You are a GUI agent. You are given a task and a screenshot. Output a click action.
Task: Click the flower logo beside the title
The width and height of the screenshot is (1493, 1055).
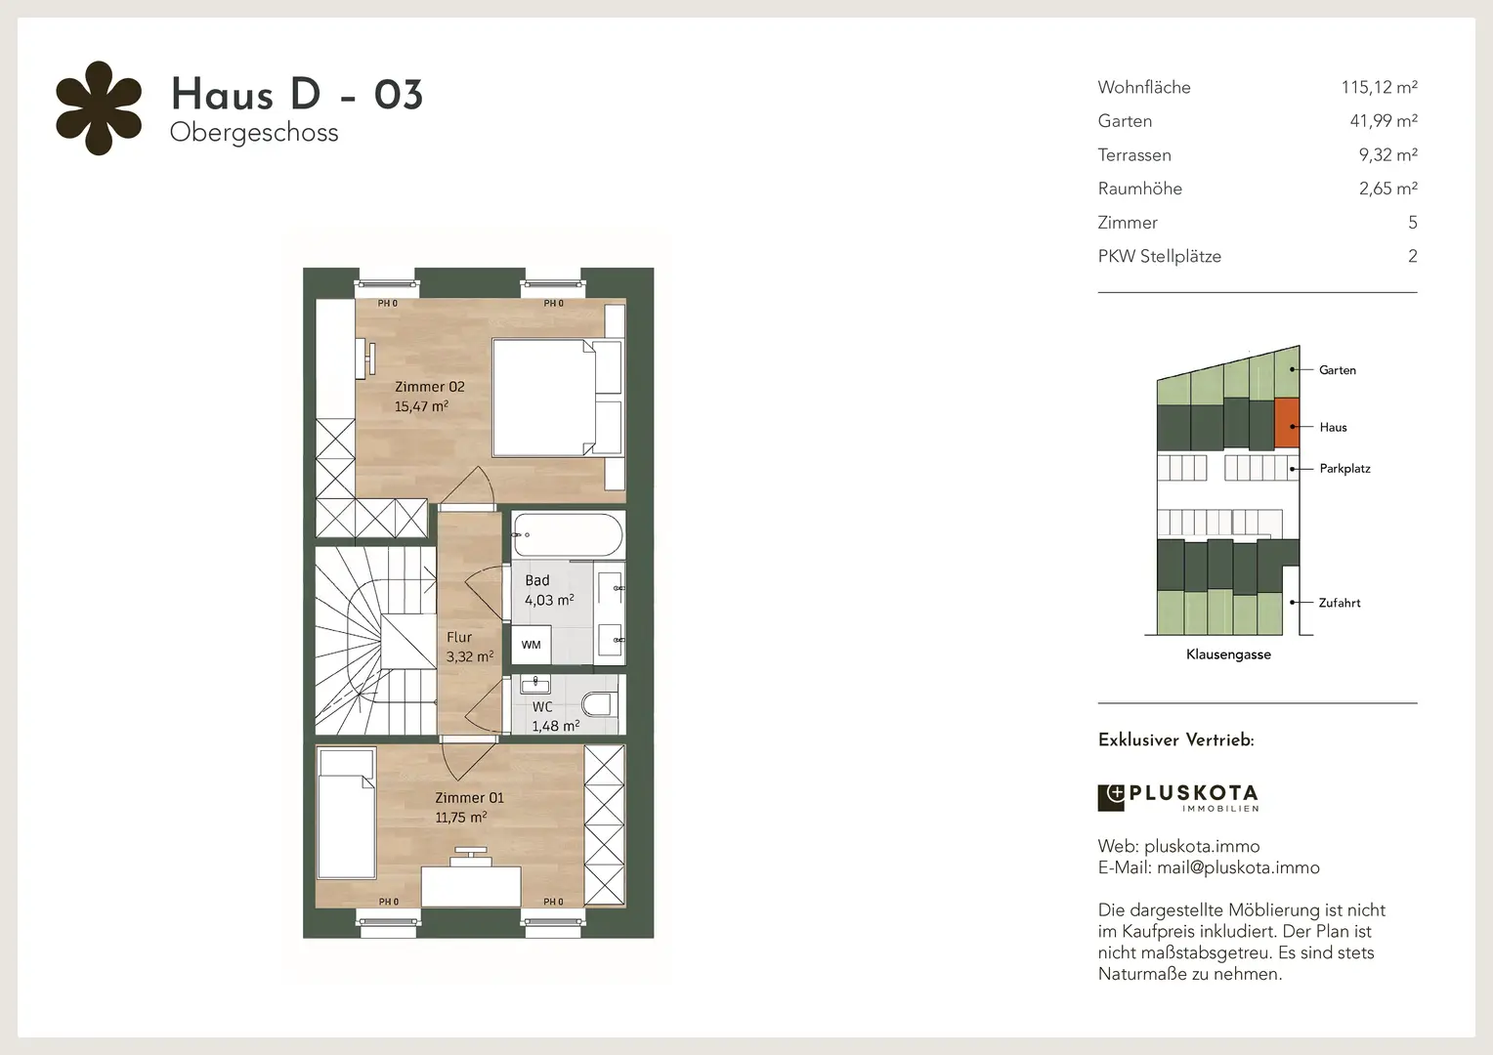(x=99, y=108)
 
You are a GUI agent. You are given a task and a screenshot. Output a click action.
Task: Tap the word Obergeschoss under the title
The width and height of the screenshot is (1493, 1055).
(x=254, y=133)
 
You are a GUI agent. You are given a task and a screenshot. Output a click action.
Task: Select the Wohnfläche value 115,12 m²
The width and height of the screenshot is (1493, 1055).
(x=1379, y=87)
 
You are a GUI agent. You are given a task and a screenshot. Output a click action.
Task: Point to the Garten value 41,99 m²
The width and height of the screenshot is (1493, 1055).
(x=1384, y=120)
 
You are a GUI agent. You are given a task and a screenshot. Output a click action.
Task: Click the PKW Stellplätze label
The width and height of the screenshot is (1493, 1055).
(x=1159, y=257)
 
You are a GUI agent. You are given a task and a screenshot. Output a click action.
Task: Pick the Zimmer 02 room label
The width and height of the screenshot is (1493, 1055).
(x=430, y=387)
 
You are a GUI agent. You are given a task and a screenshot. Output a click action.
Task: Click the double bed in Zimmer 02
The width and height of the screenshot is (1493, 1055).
(x=558, y=398)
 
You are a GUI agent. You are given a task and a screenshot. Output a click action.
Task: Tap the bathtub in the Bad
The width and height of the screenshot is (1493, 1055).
(x=568, y=534)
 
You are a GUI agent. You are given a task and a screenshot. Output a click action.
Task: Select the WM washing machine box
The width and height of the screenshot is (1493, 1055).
(x=532, y=645)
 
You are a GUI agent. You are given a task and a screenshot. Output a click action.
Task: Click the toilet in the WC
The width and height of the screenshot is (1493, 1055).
(x=599, y=703)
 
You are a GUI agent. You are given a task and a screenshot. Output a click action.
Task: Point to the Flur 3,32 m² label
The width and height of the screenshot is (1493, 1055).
(x=470, y=647)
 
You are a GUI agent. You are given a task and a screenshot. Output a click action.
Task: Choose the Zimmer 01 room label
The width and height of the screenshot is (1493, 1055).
(x=469, y=798)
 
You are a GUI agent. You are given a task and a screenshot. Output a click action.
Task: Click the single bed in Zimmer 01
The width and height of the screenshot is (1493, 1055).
(x=347, y=814)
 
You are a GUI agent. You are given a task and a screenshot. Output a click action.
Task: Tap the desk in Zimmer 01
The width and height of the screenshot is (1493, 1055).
(x=471, y=886)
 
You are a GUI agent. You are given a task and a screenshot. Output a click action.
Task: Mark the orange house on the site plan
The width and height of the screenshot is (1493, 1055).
(x=1287, y=423)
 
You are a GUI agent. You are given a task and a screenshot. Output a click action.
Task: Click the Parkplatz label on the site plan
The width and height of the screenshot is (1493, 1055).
(x=1345, y=469)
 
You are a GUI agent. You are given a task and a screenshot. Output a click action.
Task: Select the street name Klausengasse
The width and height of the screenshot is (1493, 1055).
(x=1228, y=654)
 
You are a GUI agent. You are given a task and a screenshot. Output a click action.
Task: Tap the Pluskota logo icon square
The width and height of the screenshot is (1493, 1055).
(x=1111, y=798)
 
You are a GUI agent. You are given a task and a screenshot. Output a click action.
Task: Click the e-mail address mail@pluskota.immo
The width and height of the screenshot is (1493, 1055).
(x=1238, y=867)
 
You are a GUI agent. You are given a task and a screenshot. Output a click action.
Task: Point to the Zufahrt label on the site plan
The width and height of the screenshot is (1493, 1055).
(x=1339, y=603)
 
